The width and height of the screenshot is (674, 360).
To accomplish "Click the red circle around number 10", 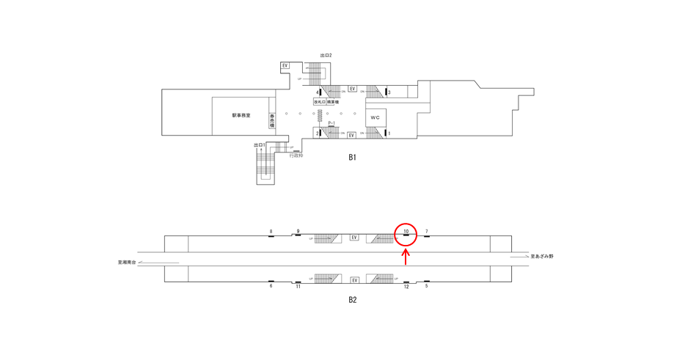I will coord(406,234).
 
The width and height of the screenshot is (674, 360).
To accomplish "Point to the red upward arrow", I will coord(406,257).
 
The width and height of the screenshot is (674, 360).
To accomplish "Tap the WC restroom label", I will coord(375,117).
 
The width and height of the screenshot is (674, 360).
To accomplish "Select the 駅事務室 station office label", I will coord(241,115).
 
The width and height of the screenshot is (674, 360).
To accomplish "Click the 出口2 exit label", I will coord(326,55).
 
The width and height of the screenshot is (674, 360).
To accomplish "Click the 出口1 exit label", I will coord(259,145).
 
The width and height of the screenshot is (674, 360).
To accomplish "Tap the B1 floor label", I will coord(352,157).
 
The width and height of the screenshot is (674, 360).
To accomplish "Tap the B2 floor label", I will coord(352,299).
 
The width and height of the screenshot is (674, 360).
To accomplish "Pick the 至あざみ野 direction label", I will coord(542,256).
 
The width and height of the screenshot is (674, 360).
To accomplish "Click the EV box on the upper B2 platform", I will coord(354,238).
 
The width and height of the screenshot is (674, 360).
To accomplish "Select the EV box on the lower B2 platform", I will coord(354,280).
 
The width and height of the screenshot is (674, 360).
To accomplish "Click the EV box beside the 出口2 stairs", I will coord(285,65).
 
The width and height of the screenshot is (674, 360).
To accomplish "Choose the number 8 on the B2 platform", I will coord(271,232).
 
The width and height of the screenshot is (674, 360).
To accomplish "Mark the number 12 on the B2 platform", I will coord(406,287).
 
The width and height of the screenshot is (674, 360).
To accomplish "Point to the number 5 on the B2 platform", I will coord(426,286).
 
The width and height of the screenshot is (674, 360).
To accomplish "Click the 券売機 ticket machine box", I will coord(272,120).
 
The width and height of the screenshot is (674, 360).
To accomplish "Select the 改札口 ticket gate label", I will coord(319,102).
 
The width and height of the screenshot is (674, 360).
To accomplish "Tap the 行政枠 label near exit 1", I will coord(296,155).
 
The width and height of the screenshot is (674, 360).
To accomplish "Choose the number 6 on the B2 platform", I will coord(271,286).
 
